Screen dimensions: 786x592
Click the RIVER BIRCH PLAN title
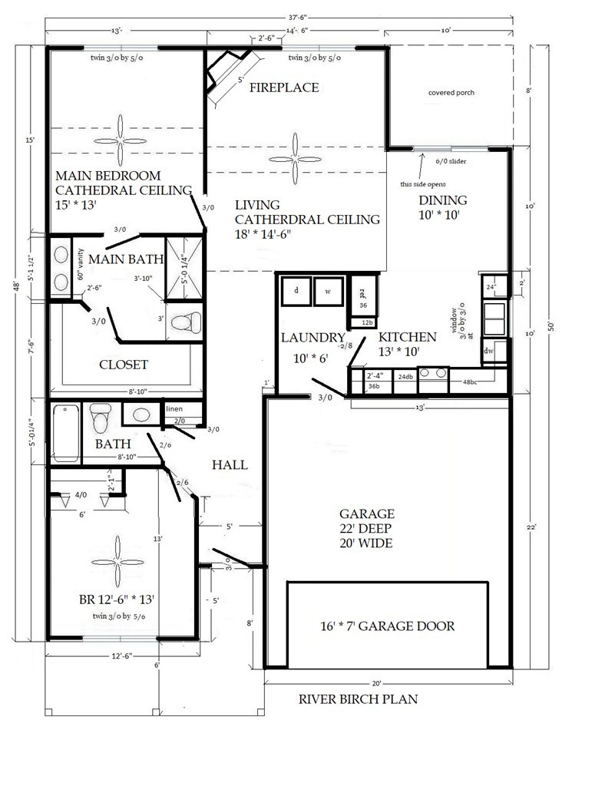tap(358, 699)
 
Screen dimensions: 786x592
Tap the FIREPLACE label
tap(284, 88)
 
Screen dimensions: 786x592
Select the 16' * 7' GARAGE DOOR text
tap(387, 626)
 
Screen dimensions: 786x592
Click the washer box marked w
tap(327, 292)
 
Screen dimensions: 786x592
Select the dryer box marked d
tap(296, 292)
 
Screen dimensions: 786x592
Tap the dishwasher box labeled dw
tap(488, 351)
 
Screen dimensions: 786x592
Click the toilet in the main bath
tap(184, 322)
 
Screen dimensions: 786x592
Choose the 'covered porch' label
tap(451, 93)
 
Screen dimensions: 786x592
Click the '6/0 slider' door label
tap(451, 162)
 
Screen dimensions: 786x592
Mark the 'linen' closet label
tap(174, 409)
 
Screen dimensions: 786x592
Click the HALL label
tap(230, 465)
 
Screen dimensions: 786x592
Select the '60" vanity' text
tap(80, 264)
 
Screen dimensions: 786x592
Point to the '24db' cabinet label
tap(405, 376)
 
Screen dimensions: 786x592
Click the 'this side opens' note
tap(423, 184)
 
